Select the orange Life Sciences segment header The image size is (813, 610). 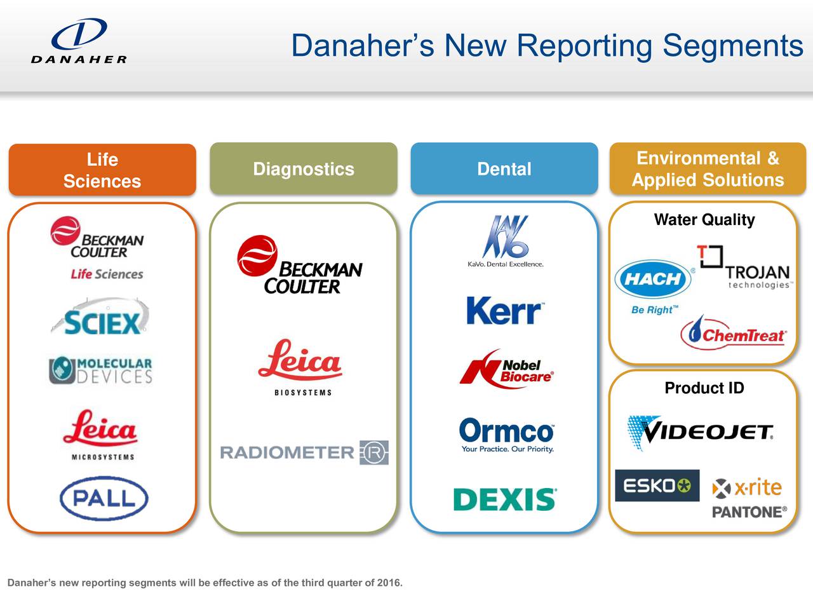click(x=102, y=170)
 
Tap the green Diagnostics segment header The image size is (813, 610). click(x=304, y=169)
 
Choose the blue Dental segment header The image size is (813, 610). click(x=504, y=169)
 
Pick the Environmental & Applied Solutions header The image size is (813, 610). click(x=708, y=169)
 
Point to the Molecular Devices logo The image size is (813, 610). click(x=101, y=370)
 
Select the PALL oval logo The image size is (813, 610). click(x=104, y=498)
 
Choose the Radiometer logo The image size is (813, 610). click(x=304, y=452)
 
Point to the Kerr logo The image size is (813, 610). click(x=505, y=311)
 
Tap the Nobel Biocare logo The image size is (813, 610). click(x=506, y=368)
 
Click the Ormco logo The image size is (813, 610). click(x=506, y=434)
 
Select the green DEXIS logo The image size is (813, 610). click(x=505, y=499)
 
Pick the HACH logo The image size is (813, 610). click(x=652, y=279)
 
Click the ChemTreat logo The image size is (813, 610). click(x=734, y=334)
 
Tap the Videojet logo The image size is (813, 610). click(x=701, y=432)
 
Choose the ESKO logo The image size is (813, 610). click(x=657, y=486)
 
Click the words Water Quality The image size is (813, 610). click(x=704, y=220)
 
